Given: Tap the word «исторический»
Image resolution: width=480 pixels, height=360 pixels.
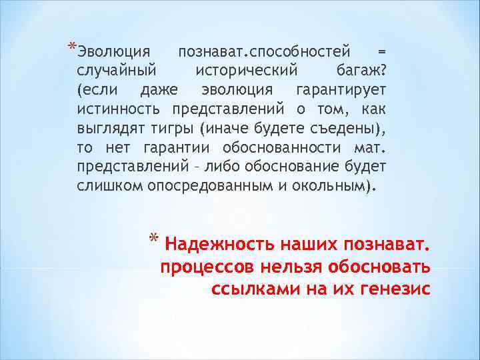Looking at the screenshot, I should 243,70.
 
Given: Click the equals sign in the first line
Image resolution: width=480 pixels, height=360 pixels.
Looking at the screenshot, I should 381,51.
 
